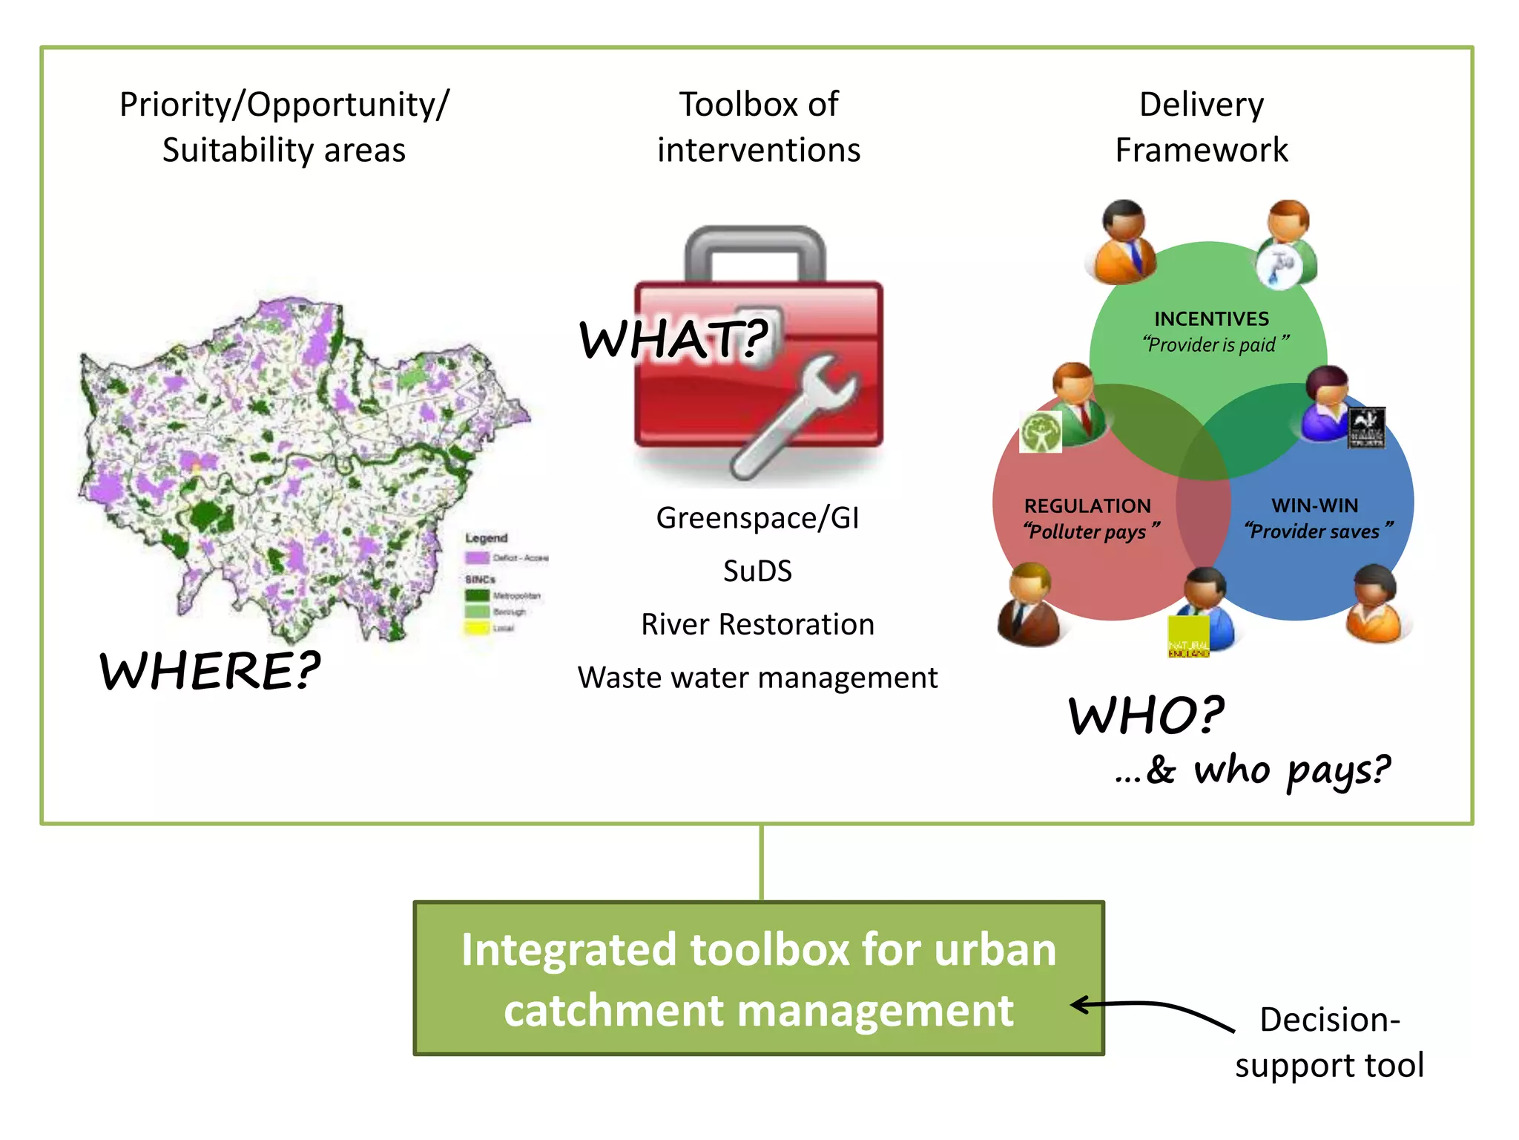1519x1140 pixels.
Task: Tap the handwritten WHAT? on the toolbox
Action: (x=673, y=339)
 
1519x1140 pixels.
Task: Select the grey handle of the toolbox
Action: (x=755, y=252)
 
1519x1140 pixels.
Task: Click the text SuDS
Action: (x=757, y=571)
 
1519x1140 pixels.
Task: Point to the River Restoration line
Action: (x=757, y=624)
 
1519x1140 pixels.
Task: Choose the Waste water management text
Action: (x=757, y=678)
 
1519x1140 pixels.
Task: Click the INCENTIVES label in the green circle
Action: (x=1211, y=318)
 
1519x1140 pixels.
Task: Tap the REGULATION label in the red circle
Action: (x=1087, y=505)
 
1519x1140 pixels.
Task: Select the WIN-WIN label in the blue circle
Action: (x=1314, y=505)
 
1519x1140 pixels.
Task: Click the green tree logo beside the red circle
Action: (x=1040, y=432)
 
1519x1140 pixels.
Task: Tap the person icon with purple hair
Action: (x=1326, y=404)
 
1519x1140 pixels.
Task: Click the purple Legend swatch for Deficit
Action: (x=476, y=557)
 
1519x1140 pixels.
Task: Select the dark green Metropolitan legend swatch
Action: (x=476, y=595)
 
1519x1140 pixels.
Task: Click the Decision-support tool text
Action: (x=1329, y=1042)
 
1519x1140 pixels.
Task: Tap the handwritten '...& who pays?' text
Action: (x=1253, y=770)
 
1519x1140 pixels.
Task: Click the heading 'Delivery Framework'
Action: (x=1202, y=127)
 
